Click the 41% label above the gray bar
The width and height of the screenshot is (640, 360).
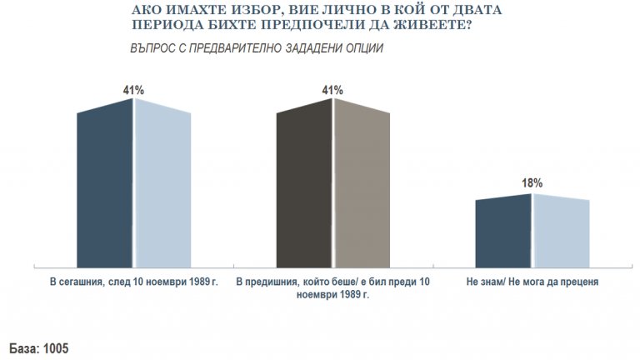pyautogui.click(x=333, y=88)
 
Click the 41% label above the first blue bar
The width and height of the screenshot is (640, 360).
pyautogui.click(x=133, y=88)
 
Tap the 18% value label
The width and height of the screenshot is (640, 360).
pyautogui.click(x=532, y=183)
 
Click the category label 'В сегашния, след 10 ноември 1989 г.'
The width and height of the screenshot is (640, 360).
pyautogui.click(x=133, y=283)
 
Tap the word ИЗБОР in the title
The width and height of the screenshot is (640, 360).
pyautogui.click(x=235, y=10)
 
